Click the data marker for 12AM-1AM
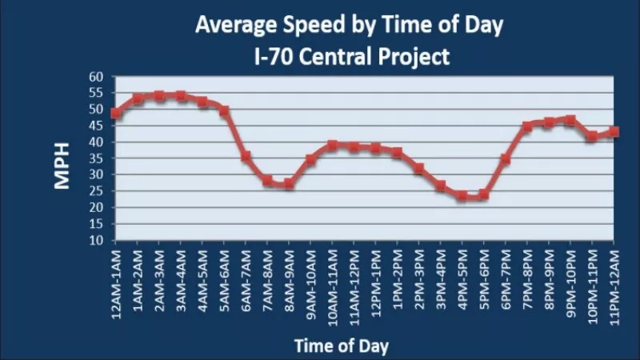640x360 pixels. (x=116, y=113)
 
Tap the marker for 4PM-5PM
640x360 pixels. (x=462, y=195)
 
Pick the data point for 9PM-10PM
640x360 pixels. (x=570, y=120)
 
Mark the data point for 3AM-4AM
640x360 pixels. (x=181, y=96)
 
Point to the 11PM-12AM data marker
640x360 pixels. (x=614, y=131)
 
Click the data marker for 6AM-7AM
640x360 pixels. (x=246, y=157)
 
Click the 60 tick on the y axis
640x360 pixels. (x=97, y=78)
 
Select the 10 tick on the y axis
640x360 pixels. (x=97, y=240)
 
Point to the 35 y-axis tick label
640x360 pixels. (x=97, y=158)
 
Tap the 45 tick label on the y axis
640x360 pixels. (x=97, y=126)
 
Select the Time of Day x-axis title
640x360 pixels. (x=341, y=346)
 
